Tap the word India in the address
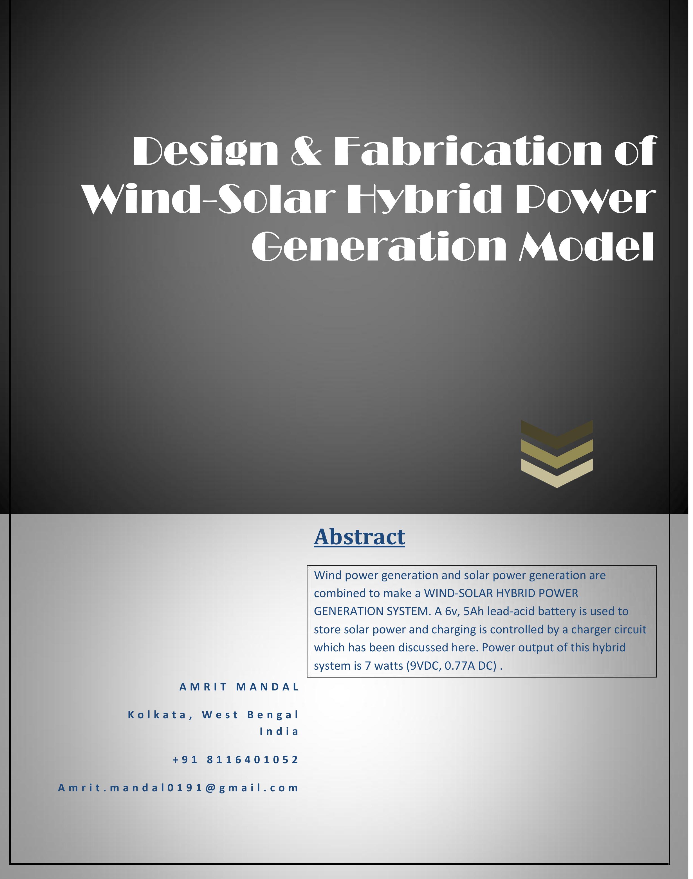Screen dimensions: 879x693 coord(279,731)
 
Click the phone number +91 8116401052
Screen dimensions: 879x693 coord(235,760)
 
